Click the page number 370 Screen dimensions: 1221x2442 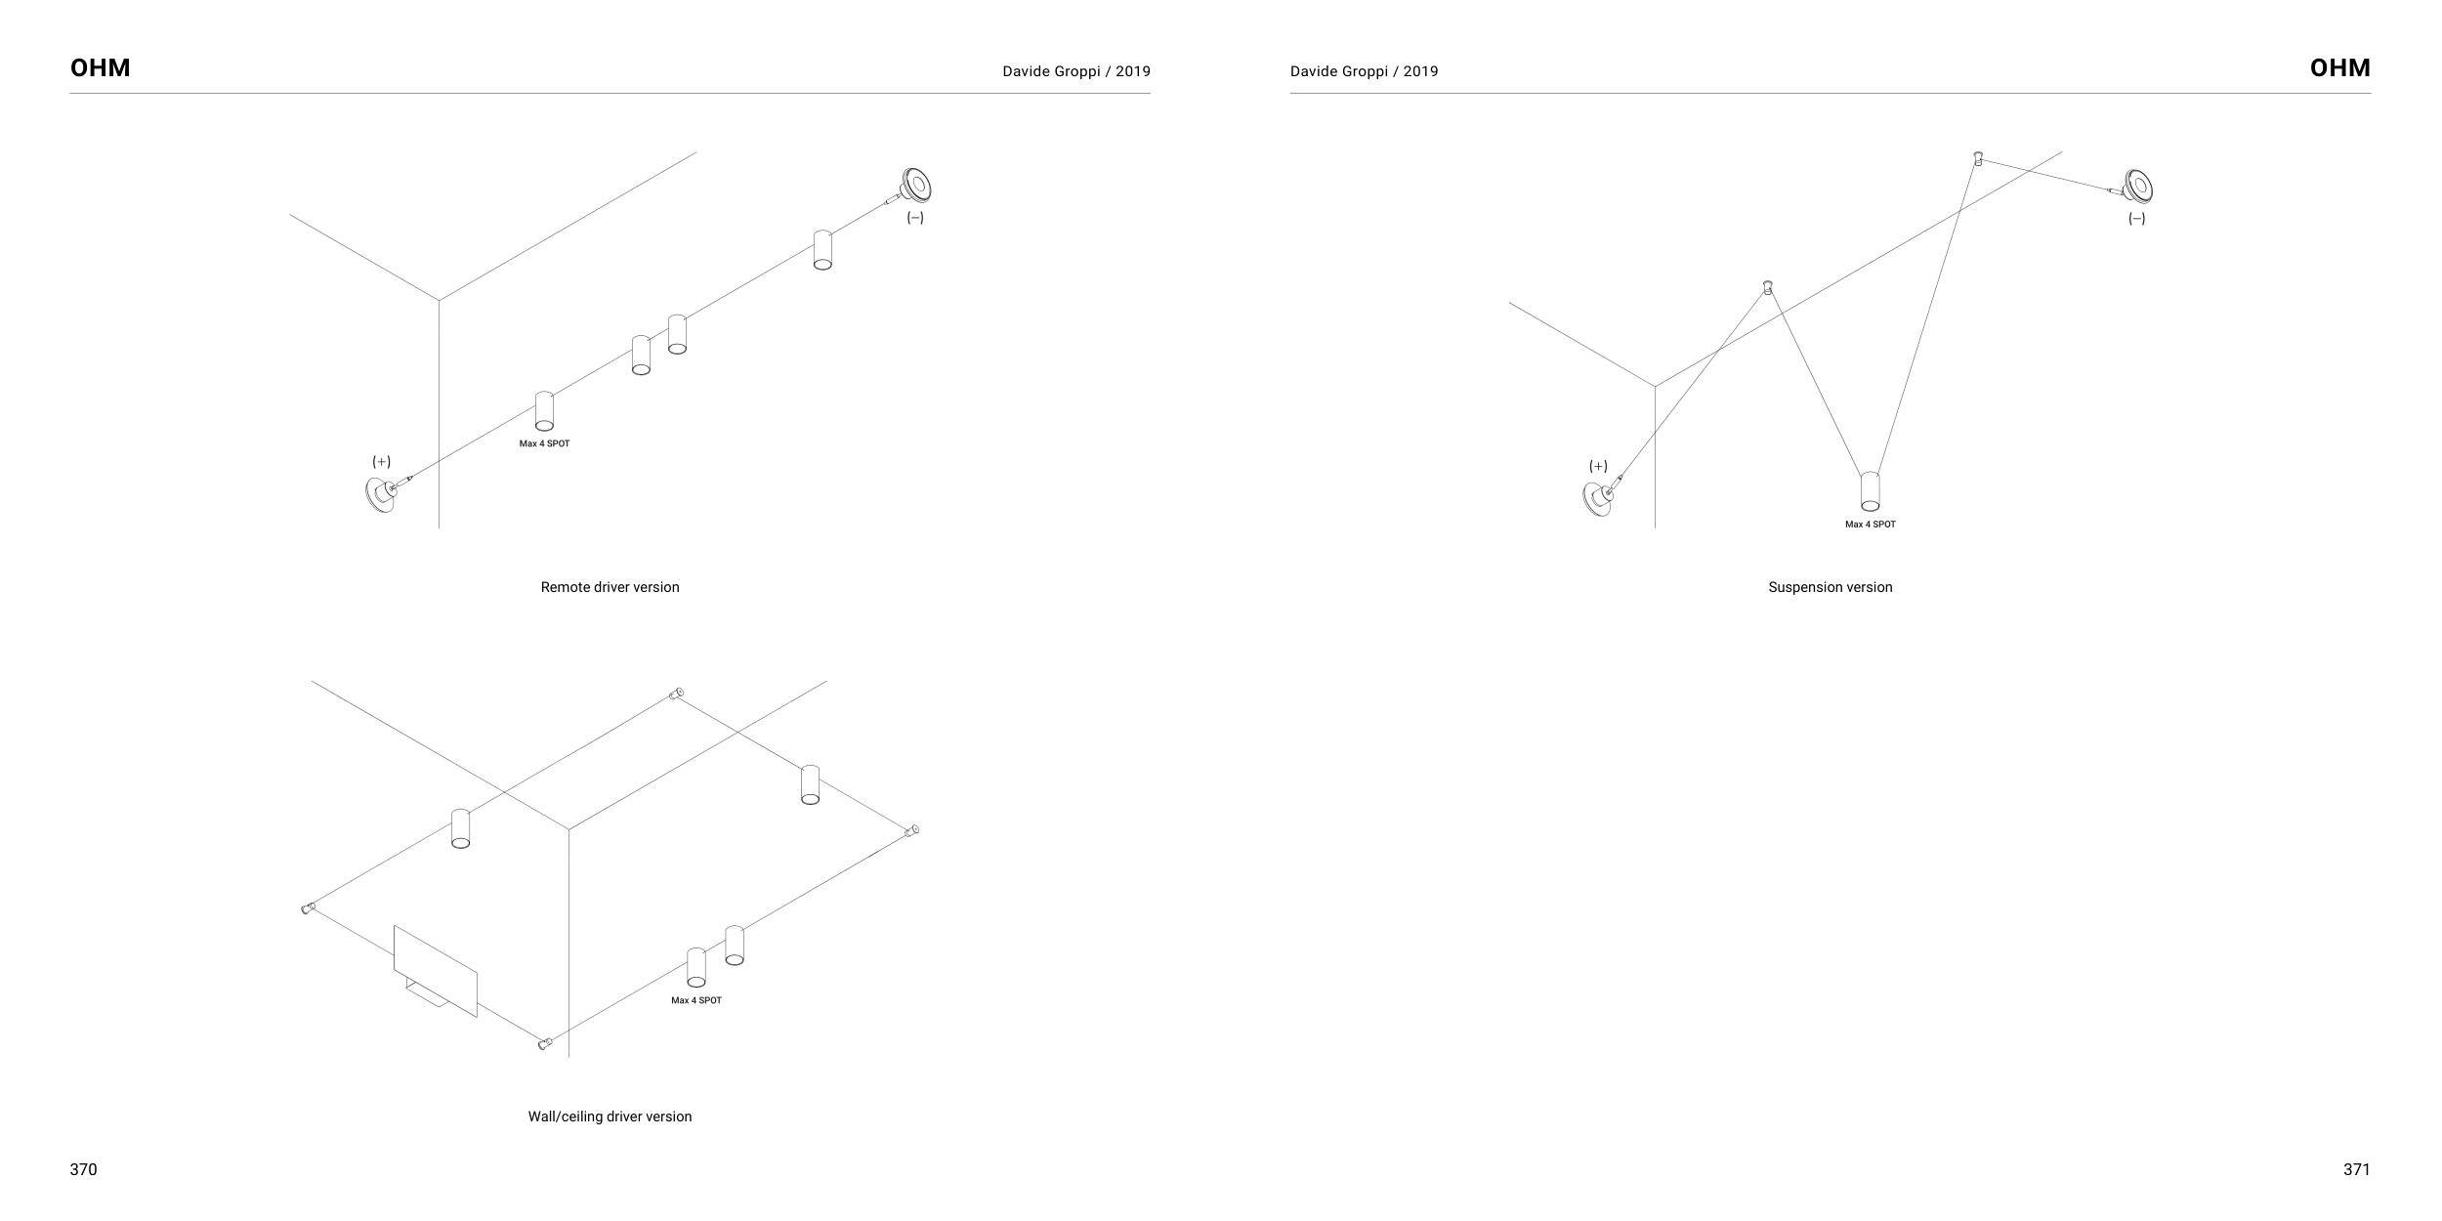tap(83, 1169)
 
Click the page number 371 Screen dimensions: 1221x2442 tap(2356, 1169)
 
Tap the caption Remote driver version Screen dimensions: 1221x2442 tap(610, 587)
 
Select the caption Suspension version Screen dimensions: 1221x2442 tap(1830, 587)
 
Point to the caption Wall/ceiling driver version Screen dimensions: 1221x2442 tap(610, 1116)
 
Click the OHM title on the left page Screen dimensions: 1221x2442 tap(100, 68)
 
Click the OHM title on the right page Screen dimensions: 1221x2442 tap(2339, 68)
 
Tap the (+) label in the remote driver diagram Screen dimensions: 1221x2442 tap(381, 461)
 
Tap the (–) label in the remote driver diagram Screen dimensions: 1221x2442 tap(914, 218)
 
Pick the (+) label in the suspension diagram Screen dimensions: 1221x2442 tap(1598, 466)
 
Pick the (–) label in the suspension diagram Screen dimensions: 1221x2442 tap(2137, 219)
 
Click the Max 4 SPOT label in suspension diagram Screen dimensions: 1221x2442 tap(1870, 525)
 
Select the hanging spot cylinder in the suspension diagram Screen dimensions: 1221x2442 tap(1870, 491)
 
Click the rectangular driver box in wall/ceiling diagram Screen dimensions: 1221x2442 tap(436, 970)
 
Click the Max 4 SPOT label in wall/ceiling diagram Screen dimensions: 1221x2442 tap(695, 1000)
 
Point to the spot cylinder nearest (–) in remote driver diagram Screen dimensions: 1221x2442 tap(822, 249)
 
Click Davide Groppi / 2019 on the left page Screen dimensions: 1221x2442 tap(1075, 71)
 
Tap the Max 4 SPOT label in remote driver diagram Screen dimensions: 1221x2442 tap(544, 443)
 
